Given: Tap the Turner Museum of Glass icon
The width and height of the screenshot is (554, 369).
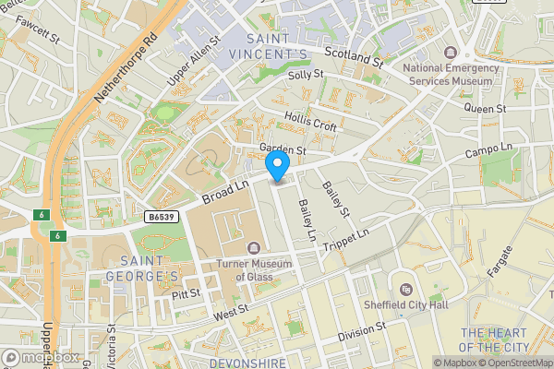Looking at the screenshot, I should point(254,247).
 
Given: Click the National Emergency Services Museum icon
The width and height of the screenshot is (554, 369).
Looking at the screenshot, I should point(451,54).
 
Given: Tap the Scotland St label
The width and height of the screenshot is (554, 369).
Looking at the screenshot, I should point(353,59).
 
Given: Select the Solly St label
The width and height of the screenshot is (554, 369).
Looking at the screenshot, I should point(306,76).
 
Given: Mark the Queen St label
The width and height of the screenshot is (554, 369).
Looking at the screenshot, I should point(486,108).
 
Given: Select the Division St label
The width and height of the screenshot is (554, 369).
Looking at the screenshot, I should point(361,329).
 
